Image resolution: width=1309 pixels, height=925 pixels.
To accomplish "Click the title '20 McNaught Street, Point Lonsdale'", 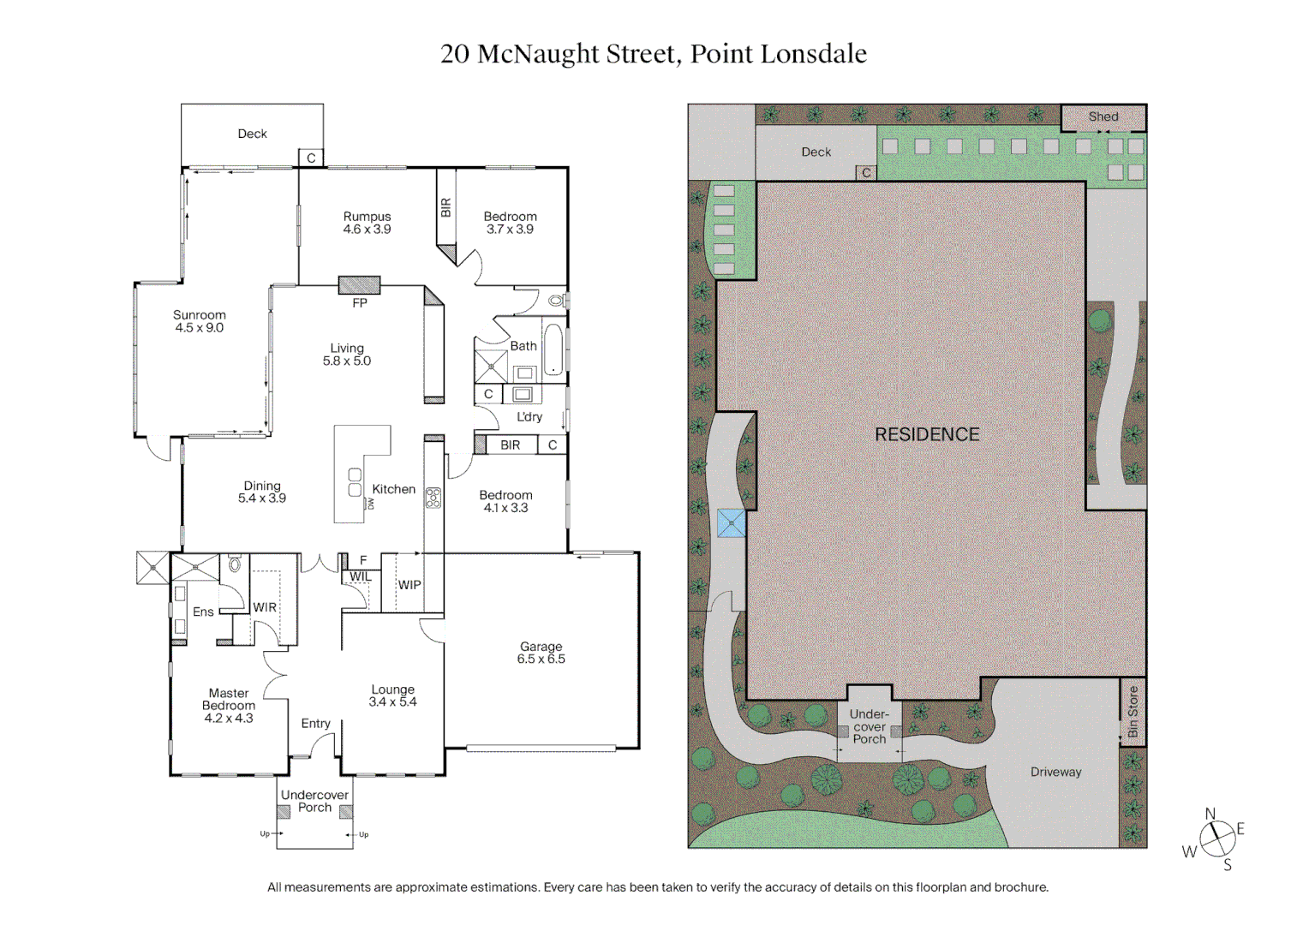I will click(x=653, y=54).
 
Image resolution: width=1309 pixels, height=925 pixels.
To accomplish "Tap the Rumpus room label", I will click(x=367, y=223).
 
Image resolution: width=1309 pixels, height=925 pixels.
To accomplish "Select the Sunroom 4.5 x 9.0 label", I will click(x=200, y=321).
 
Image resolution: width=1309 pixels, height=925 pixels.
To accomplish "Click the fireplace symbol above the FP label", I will click(x=359, y=285).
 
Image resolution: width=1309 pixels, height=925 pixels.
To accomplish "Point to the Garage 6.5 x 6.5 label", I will click(x=541, y=653).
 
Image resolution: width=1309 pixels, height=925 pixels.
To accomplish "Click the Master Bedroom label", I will click(x=229, y=705).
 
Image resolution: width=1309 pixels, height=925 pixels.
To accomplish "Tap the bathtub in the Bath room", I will click(x=553, y=349).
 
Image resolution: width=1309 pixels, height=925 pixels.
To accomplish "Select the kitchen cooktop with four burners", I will click(x=433, y=498).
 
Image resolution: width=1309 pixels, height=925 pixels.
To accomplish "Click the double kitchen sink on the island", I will click(x=355, y=482).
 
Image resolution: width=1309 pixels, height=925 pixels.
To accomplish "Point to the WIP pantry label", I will click(x=409, y=585).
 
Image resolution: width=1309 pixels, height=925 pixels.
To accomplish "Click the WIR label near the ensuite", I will click(x=265, y=607).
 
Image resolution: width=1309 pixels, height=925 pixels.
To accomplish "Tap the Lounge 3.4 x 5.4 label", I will click(x=392, y=695).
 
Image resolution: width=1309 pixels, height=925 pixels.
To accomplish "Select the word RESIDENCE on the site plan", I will click(x=927, y=434).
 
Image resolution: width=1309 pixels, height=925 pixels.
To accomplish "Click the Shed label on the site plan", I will click(x=1103, y=116).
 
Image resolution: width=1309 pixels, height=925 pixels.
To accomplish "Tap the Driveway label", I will click(x=1055, y=772).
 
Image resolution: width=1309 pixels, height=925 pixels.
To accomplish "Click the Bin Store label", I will click(x=1133, y=712).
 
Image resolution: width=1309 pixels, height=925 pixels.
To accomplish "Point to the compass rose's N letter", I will click(x=1210, y=814).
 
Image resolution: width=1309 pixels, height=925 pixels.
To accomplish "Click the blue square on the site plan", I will click(x=731, y=523).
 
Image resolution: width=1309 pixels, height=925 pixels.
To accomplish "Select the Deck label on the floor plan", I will click(x=252, y=134).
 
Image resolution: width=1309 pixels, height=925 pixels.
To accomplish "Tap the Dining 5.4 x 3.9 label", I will click(x=262, y=492).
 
